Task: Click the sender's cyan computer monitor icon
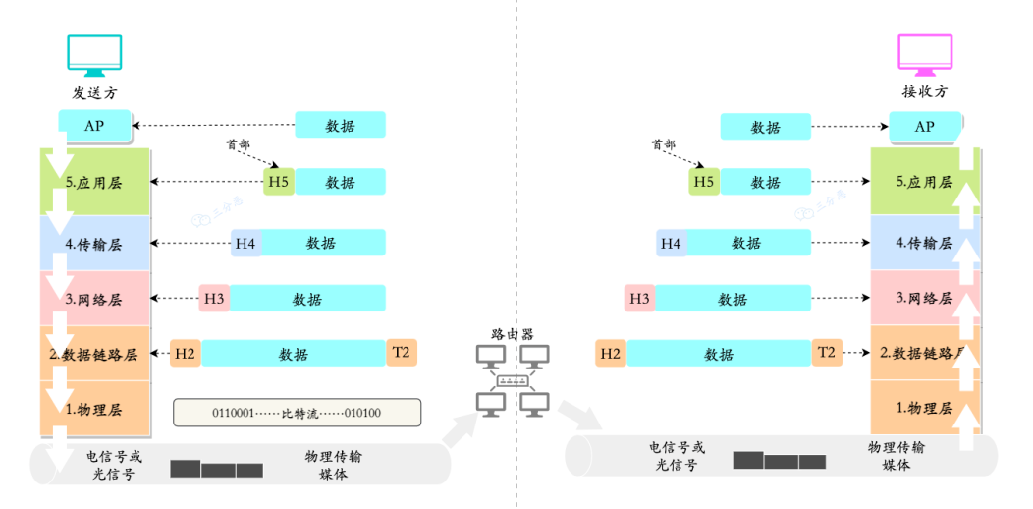pyautogui.click(x=93, y=56)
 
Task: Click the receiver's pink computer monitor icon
pyautogui.click(x=924, y=56)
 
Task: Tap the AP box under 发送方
pyautogui.click(x=94, y=126)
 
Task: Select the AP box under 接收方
pyautogui.click(x=924, y=127)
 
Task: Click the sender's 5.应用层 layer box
pyautogui.click(x=94, y=182)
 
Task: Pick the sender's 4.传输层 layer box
pyautogui.click(x=94, y=244)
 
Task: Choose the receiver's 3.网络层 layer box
pyautogui.click(x=924, y=298)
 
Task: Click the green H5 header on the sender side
pyautogui.click(x=279, y=182)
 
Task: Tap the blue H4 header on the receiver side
pyautogui.click(x=671, y=243)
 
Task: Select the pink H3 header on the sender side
pyautogui.click(x=214, y=298)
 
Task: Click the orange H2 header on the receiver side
pyautogui.click(x=611, y=353)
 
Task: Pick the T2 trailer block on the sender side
pyautogui.click(x=402, y=353)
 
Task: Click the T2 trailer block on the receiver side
pyautogui.click(x=827, y=352)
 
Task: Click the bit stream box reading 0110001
pyautogui.click(x=297, y=413)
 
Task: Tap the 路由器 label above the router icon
pyautogui.click(x=512, y=333)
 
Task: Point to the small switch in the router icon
pyautogui.click(x=512, y=380)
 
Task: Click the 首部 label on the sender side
pyautogui.click(x=238, y=144)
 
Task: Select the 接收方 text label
pyautogui.click(x=924, y=92)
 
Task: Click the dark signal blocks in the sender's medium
pyautogui.click(x=216, y=469)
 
